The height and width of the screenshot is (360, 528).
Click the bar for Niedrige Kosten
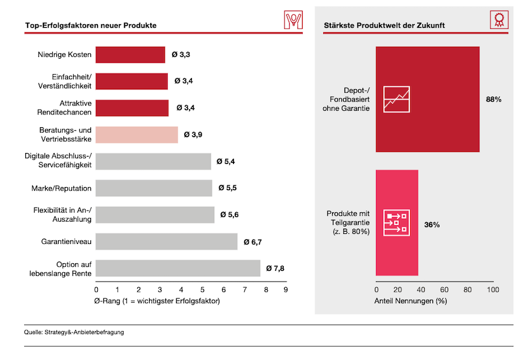(130, 55)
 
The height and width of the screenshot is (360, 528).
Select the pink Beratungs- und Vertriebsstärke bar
(137, 135)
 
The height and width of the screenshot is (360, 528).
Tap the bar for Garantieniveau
(167, 242)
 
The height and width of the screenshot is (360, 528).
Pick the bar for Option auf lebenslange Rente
(178, 268)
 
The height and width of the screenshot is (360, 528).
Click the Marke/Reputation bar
(154, 188)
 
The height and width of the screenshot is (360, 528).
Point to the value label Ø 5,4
(226, 161)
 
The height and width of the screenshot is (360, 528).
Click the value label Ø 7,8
(275, 269)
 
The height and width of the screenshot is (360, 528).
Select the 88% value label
(493, 99)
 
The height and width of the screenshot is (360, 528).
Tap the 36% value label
(432, 225)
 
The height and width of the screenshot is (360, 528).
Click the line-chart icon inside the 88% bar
(397, 99)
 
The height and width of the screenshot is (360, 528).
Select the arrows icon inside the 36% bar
(397, 223)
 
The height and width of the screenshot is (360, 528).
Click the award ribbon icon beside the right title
(499, 19)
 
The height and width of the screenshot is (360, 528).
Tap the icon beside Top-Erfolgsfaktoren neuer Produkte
(293, 20)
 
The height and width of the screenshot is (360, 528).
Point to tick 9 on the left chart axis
(286, 290)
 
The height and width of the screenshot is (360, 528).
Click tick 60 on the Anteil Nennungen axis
(444, 290)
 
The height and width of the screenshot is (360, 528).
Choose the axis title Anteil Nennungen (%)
(411, 301)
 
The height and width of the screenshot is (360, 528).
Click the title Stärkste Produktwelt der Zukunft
(384, 26)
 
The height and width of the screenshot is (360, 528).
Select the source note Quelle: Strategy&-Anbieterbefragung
(74, 332)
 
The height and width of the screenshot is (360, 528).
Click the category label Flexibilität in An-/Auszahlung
(62, 215)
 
